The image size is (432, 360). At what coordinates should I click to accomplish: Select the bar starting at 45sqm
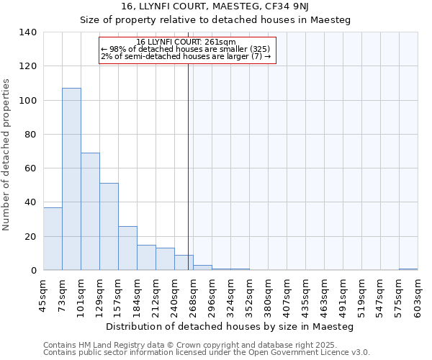click(x=53, y=238)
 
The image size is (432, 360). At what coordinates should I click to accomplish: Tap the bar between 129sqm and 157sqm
click(x=109, y=226)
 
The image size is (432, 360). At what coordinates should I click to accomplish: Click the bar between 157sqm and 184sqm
click(x=127, y=248)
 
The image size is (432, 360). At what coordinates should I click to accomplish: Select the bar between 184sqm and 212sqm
click(x=146, y=257)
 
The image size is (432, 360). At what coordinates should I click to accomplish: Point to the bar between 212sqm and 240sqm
click(x=165, y=258)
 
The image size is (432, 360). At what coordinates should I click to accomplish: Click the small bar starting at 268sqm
click(x=202, y=267)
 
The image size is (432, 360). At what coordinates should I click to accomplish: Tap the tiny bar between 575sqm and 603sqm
click(x=408, y=269)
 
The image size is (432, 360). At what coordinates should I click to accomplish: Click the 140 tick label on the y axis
click(x=27, y=32)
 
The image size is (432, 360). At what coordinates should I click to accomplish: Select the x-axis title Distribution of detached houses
click(x=230, y=326)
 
